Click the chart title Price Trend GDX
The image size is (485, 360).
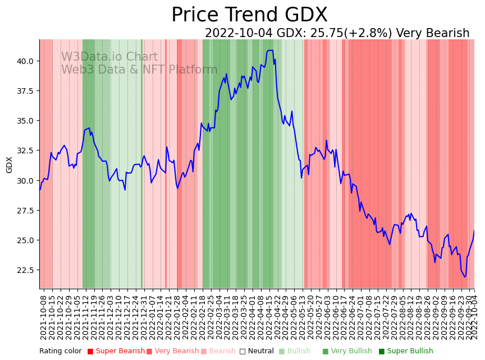[249, 15]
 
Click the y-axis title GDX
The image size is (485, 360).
[10, 165]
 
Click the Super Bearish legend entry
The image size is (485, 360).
[116, 352]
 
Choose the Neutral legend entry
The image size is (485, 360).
[257, 352]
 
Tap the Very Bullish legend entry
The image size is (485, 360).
[347, 352]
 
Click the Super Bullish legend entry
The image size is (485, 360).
[405, 352]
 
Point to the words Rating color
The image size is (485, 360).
[61, 352]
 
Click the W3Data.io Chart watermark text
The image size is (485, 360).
[109, 57]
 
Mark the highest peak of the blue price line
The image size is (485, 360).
[270, 51]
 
